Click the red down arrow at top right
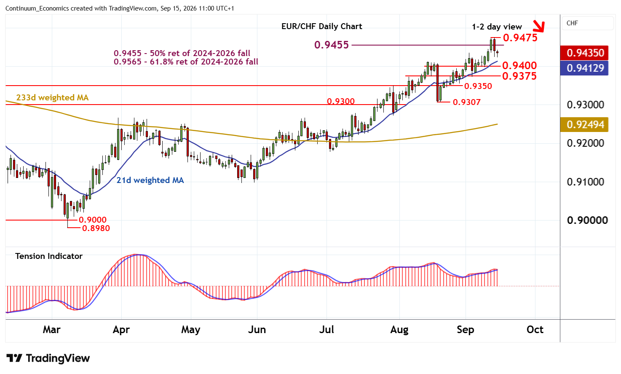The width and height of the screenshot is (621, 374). pos(539,27)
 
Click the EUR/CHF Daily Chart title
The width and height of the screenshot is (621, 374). pos(321,27)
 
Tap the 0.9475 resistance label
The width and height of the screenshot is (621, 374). pos(520,38)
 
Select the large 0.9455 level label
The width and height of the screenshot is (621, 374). pos(331,45)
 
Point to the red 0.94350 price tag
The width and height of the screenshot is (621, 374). pos(584,53)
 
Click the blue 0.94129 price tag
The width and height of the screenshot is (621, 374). pos(584,68)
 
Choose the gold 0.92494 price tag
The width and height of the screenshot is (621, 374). pos(584,124)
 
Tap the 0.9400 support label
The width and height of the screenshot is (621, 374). pos(519,66)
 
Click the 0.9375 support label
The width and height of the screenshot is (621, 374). pos(519,76)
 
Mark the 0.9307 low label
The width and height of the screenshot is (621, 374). pos(466,102)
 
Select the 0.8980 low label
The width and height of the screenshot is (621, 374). pos(96,228)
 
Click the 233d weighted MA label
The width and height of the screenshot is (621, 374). pos(52,98)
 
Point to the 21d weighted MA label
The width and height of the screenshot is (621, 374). pos(150,180)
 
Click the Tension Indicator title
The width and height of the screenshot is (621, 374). pos(49,256)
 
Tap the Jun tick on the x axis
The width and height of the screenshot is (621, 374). pos(257,330)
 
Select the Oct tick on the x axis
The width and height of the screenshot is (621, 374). pos(535,330)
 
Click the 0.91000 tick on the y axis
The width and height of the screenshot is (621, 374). pos(586,182)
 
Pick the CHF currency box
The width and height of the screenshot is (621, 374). pos(587,23)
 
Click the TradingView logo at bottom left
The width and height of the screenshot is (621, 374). pos(48,358)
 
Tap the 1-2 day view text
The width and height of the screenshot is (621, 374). pos(497,27)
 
